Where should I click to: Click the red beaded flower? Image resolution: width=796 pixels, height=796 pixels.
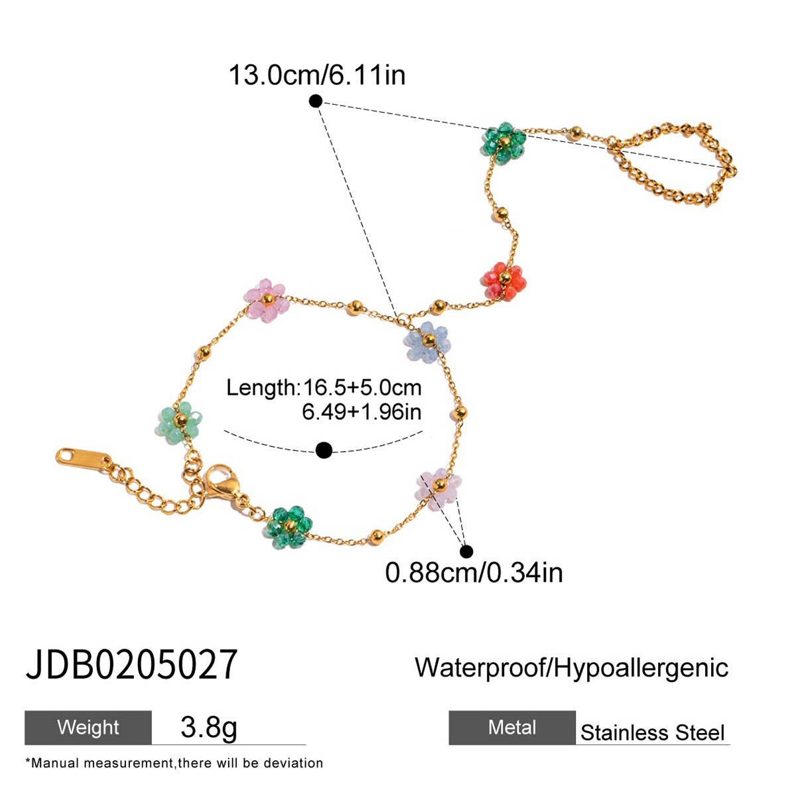pyautogui.click(x=505, y=281)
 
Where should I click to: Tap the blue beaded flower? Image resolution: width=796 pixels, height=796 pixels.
pyautogui.click(x=427, y=342)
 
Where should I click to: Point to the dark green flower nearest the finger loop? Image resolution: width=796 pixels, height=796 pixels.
pyautogui.click(x=503, y=143)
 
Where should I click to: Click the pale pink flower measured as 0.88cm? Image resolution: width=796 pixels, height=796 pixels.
pyautogui.click(x=438, y=488)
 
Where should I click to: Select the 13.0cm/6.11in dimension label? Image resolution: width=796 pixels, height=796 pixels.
pyautogui.click(x=316, y=75)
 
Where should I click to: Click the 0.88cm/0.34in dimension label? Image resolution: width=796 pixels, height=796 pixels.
pyautogui.click(x=474, y=572)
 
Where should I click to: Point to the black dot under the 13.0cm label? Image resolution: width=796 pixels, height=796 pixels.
pyautogui.click(x=316, y=101)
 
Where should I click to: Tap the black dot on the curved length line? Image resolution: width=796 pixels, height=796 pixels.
pyautogui.click(x=324, y=450)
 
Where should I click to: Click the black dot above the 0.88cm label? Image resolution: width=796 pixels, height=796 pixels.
pyautogui.click(x=466, y=551)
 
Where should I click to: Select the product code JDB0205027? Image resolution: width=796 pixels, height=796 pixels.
pyautogui.click(x=131, y=665)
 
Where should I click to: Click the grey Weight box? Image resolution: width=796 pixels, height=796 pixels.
pyautogui.click(x=88, y=728)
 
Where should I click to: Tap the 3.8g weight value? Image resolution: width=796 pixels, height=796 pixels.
pyautogui.click(x=208, y=727)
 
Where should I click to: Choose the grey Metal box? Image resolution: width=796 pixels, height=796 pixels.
pyautogui.click(x=512, y=728)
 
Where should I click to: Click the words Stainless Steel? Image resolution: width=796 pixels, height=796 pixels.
pyautogui.click(x=652, y=733)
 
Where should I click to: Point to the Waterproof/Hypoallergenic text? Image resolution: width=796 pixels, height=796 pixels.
pyautogui.click(x=571, y=667)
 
